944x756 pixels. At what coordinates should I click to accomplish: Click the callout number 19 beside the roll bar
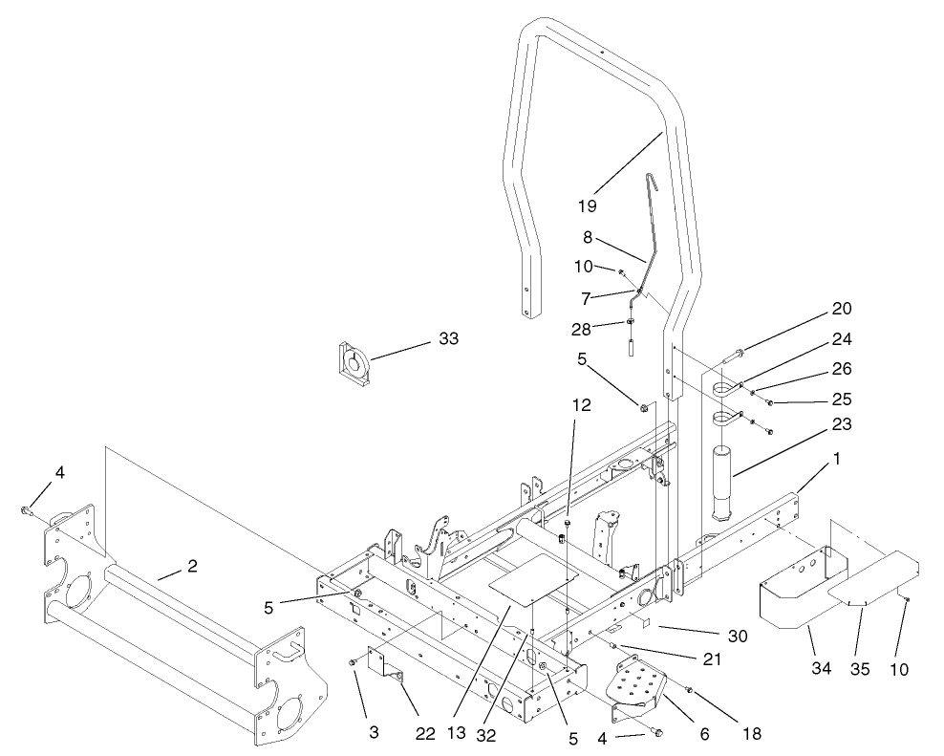click(x=588, y=205)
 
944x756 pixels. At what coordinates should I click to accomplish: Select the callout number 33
click(x=448, y=338)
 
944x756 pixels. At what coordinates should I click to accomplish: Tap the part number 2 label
click(x=192, y=567)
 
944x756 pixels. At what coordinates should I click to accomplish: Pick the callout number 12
click(x=582, y=404)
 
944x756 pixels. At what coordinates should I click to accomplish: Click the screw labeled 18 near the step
click(x=689, y=690)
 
